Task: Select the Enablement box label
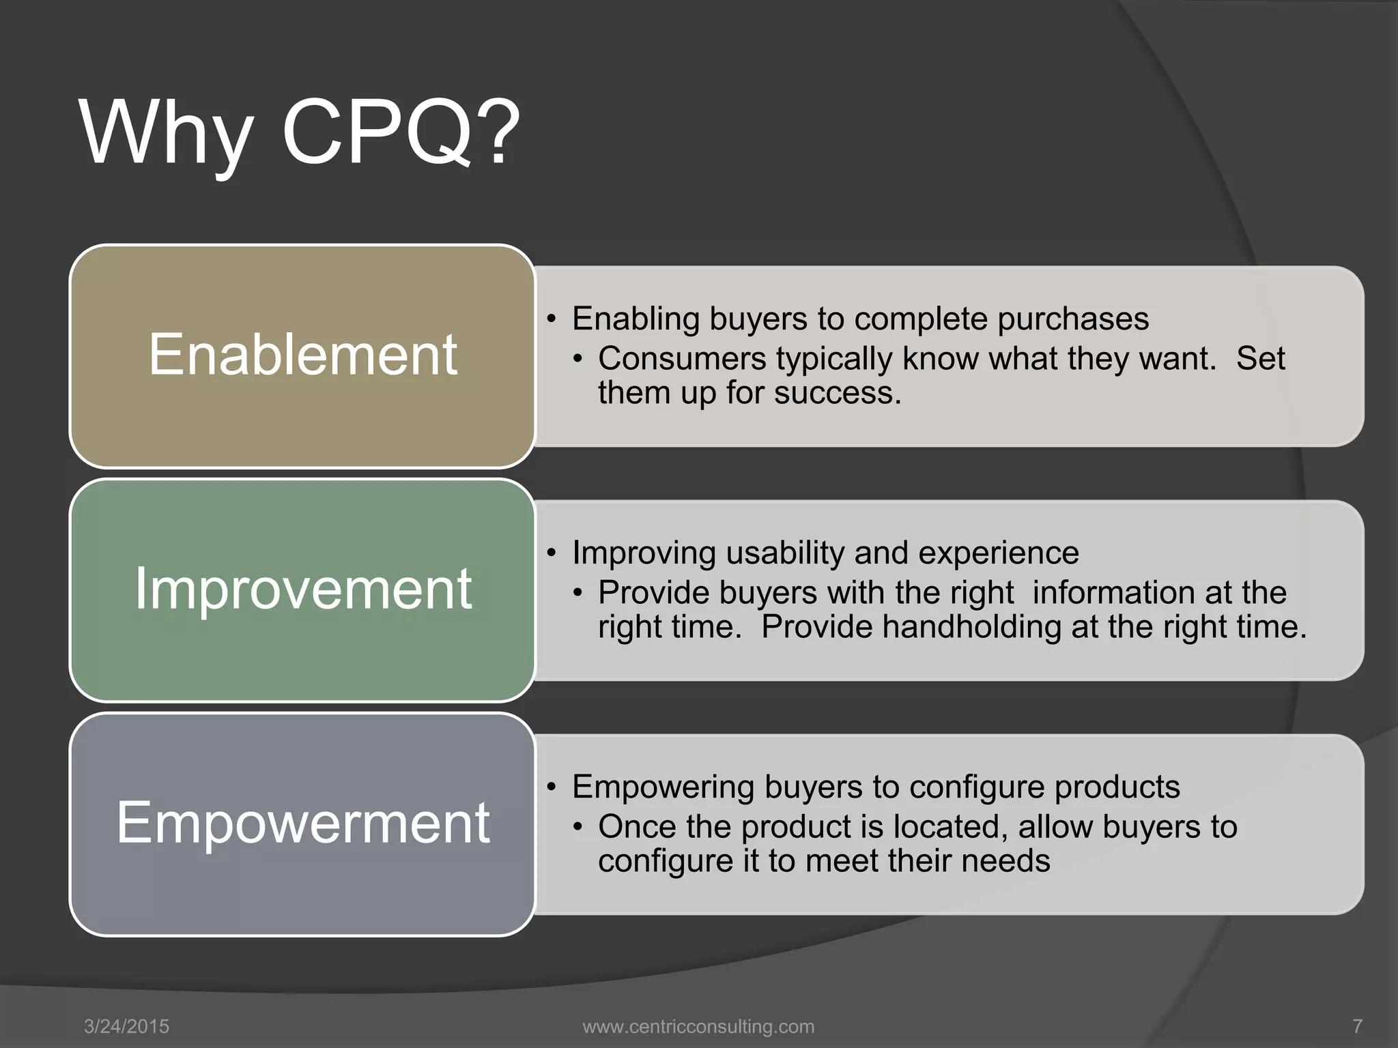coord(302,355)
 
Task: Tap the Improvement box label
coord(302,589)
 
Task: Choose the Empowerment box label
coord(302,823)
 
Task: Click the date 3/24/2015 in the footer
coord(126,1026)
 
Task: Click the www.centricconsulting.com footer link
coord(698,1026)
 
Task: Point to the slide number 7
coord(1357,1026)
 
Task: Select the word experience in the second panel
coord(998,553)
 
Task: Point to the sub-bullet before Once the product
coord(579,828)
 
